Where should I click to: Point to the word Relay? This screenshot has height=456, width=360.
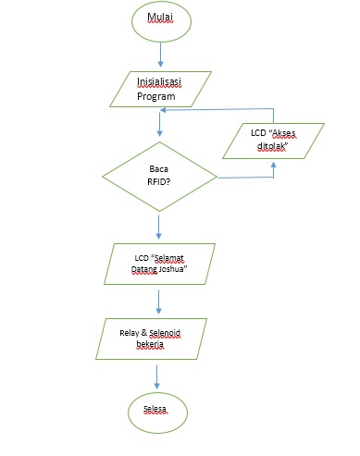[131, 330]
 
